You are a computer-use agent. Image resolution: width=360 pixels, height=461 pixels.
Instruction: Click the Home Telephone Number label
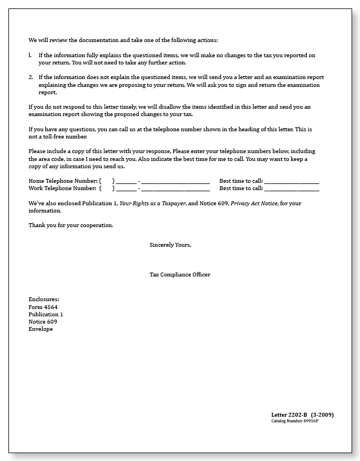[62, 181]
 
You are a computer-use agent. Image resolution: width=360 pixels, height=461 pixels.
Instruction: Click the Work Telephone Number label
[62, 188]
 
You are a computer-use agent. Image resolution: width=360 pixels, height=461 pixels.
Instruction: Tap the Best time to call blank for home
[291, 182]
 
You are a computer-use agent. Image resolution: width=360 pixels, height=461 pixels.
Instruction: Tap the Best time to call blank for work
[291, 189]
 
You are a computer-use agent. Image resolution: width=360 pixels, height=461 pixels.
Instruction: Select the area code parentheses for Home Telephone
[107, 181]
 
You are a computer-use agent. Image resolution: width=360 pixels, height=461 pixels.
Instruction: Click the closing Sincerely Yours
[170, 245]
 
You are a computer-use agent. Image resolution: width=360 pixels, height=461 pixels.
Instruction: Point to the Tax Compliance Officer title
[180, 274]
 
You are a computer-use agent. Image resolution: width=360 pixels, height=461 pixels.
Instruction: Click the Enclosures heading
[44, 299]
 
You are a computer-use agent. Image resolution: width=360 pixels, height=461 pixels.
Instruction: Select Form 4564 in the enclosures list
[43, 307]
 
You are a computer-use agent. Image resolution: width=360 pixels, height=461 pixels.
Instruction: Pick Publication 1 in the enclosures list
[45, 315]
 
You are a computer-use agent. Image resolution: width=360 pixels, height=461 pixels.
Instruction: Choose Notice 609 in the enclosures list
[42, 322]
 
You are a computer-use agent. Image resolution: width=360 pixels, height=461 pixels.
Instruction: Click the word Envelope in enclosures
[40, 329]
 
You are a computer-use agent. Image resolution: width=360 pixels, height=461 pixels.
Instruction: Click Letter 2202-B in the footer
[289, 414]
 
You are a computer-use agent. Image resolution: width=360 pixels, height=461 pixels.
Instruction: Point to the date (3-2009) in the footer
[322, 414]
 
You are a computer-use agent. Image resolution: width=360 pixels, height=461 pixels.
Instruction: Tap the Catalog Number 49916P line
[294, 421]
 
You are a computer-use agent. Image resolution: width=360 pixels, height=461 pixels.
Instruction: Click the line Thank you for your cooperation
[71, 225]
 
